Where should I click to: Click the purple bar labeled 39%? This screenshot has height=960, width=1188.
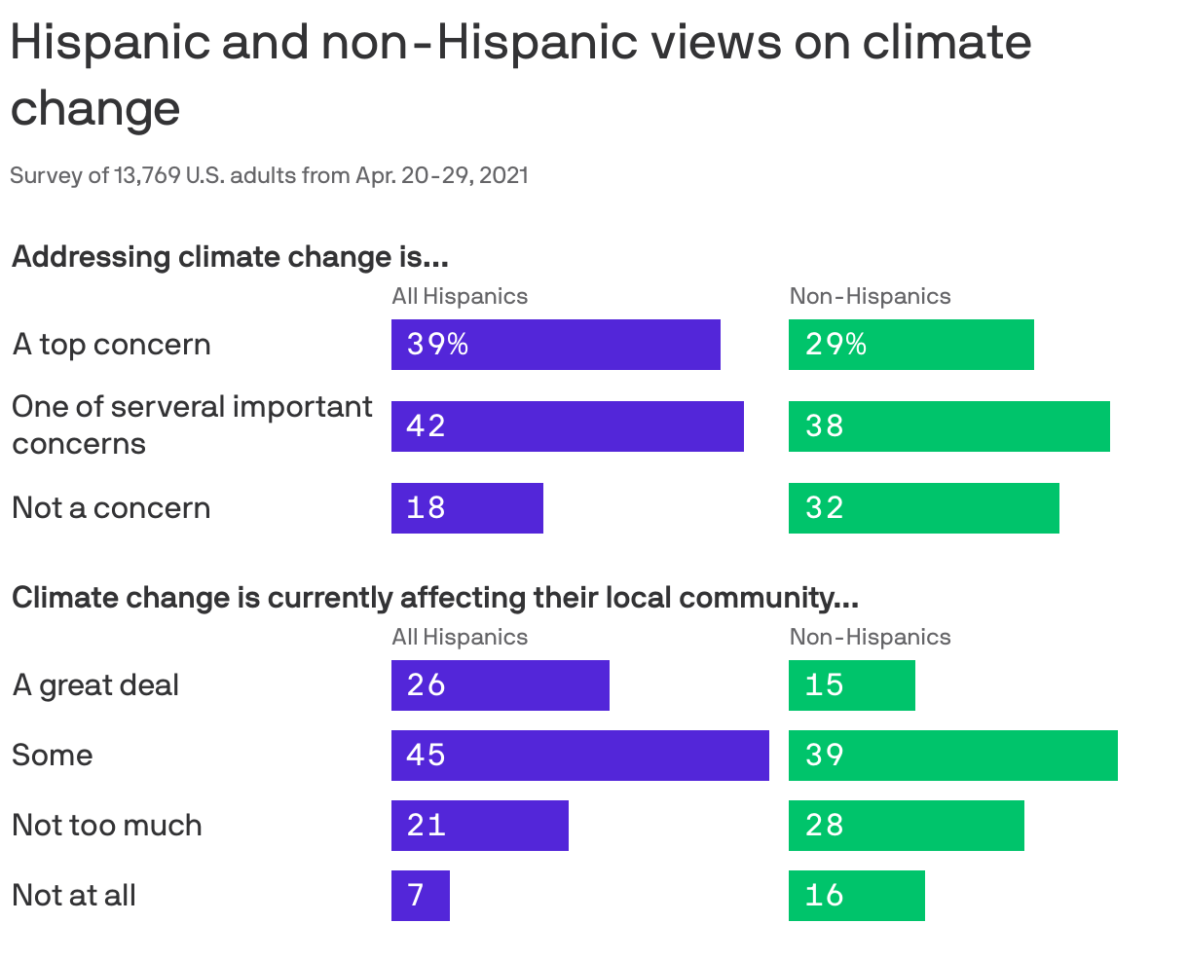[555, 345]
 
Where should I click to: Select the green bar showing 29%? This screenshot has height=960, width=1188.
[910, 345]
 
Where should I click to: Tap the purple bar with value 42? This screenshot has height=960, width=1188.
[567, 426]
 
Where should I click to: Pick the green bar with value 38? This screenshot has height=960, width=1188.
[948, 426]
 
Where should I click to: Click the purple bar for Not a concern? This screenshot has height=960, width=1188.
[466, 508]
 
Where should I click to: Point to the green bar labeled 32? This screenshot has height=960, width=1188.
[923, 508]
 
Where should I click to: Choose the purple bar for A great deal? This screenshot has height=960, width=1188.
[500, 685]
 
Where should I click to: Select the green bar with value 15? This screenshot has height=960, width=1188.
[851, 685]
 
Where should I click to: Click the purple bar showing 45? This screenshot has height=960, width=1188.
[579, 756]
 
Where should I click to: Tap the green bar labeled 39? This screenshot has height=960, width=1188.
[952, 756]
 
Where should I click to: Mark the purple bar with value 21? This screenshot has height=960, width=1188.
[479, 826]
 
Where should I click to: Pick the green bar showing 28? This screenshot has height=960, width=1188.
[906, 826]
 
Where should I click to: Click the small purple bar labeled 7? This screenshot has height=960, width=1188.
[420, 896]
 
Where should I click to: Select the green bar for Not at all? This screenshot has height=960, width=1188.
[856, 896]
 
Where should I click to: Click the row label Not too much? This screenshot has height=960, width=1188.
[107, 826]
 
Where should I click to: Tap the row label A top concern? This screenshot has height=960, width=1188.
[111, 345]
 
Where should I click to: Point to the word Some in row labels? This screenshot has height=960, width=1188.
[53, 756]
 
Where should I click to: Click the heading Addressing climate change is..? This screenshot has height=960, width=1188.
[229, 257]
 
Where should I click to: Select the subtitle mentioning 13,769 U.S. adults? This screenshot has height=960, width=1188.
[269, 176]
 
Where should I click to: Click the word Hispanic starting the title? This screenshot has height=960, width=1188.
[110, 43]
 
